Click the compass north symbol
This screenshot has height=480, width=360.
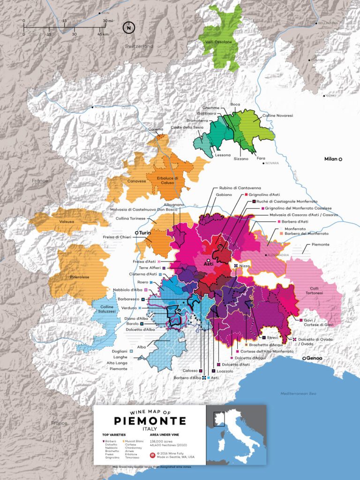127,27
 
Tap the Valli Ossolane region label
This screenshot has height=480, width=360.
218,43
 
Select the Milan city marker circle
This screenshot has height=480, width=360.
341,159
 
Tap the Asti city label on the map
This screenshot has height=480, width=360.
208,264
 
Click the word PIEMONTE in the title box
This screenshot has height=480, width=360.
150,420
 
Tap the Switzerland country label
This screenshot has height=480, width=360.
139,46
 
